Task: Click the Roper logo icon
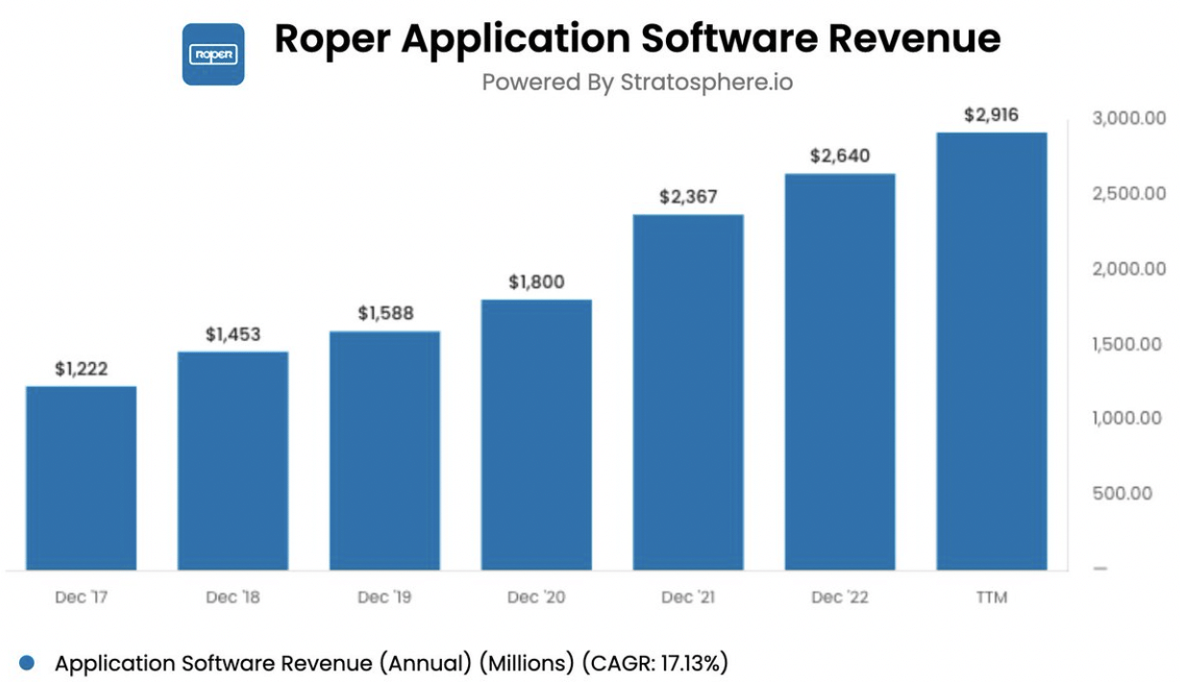pyautogui.click(x=213, y=54)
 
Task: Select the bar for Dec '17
pyautogui.click(x=81, y=477)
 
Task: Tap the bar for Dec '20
pyautogui.click(x=536, y=434)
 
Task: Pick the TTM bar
pyautogui.click(x=991, y=351)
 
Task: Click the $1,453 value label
pyautogui.click(x=234, y=335)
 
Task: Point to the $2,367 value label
pyautogui.click(x=688, y=197)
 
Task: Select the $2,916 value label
pyautogui.click(x=991, y=115)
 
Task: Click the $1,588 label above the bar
pyautogui.click(x=385, y=314)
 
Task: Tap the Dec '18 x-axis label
pyautogui.click(x=234, y=597)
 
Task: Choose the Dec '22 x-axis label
pyautogui.click(x=839, y=597)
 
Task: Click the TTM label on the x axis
pyautogui.click(x=991, y=597)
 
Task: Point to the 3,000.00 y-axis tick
pyautogui.click(x=1128, y=119)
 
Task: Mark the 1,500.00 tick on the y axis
pyautogui.click(x=1128, y=344)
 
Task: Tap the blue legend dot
pyautogui.click(x=27, y=663)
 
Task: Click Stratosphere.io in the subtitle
pyautogui.click(x=706, y=83)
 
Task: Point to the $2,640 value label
pyautogui.click(x=839, y=157)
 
